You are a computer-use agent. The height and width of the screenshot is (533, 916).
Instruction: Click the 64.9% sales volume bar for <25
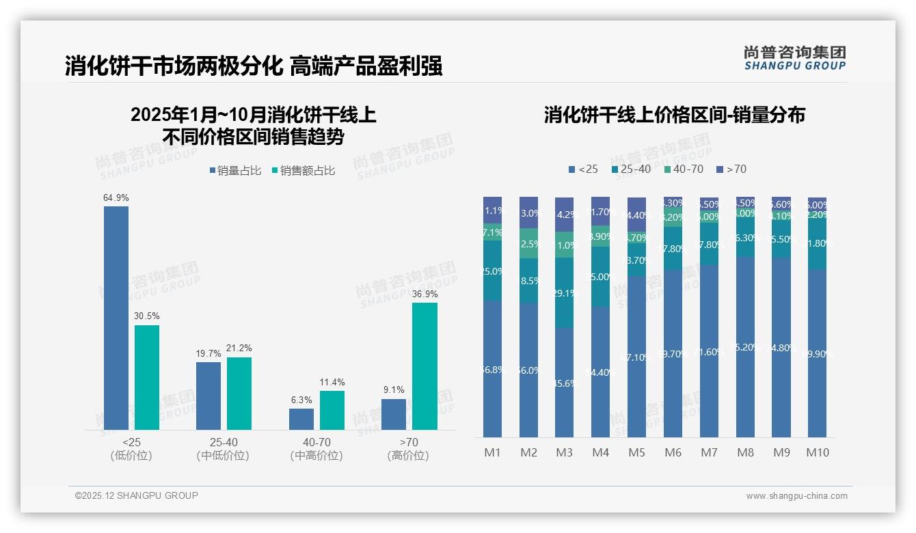tap(116, 318)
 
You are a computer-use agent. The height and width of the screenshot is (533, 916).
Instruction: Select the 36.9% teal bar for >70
tap(425, 366)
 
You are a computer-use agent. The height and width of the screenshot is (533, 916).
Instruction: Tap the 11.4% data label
tap(332, 383)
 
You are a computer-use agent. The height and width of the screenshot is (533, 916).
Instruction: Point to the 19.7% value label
tap(208, 354)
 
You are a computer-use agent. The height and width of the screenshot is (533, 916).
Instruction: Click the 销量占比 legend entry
tap(236, 171)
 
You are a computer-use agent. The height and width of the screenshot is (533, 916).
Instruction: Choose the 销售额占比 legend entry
tap(304, 171)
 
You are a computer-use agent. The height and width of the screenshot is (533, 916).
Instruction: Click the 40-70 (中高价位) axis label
tap(316, 449)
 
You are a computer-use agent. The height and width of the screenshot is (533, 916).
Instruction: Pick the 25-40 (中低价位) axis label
tap(223, 449)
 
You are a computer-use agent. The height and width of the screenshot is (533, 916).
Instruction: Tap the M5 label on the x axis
tap(636, 452)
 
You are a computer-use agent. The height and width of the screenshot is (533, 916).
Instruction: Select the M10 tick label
tap(818, 452)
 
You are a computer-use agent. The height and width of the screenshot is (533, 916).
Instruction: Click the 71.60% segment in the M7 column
tap(709, 351)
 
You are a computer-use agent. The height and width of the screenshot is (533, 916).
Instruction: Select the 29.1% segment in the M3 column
tap(565, 292)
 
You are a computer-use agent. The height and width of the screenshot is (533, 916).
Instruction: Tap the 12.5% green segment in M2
tap(528, 243)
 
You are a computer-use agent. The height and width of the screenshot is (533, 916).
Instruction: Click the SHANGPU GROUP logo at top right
tap(794, 58)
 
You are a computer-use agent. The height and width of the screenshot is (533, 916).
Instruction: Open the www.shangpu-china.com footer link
tap(796, 496)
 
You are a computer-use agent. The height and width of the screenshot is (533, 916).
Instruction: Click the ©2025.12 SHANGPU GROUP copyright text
tap(137, 495)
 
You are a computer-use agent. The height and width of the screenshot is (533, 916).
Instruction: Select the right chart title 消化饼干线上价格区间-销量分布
tap(674, 115)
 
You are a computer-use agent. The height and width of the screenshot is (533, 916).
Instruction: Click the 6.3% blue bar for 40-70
tap(301, 420)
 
